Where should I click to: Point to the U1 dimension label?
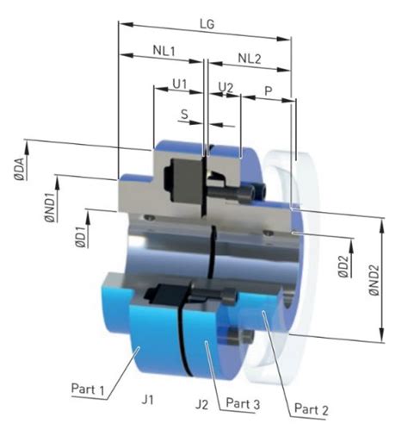tap(179, 85)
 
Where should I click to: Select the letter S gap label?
tap(185, 113)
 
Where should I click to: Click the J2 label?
tap(202, 402)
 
